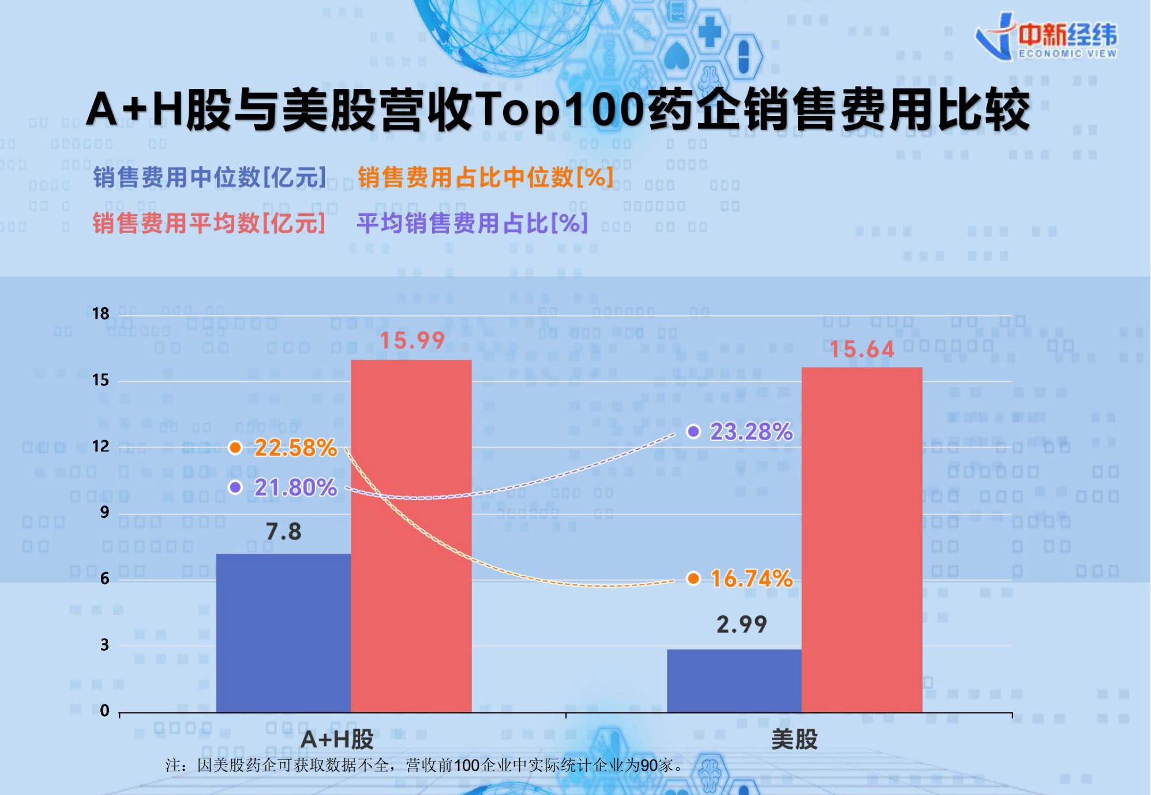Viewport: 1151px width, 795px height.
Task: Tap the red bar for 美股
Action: [861, 539]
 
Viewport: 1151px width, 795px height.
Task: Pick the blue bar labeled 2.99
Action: [734, 681]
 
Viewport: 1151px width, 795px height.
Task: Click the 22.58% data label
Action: [295, 448]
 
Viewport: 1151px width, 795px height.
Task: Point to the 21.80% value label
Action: [295, 488]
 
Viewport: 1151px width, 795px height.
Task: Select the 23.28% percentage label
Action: [751, 432]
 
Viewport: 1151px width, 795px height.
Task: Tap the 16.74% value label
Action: [751, 578]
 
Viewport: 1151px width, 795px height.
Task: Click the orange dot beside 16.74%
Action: [693, 578]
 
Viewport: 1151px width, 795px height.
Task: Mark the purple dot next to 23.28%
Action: [693, 431]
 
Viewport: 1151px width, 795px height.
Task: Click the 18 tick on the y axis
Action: [100, 313]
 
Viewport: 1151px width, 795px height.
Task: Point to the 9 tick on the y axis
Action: [104, 512]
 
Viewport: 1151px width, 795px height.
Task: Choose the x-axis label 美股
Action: [794, 740]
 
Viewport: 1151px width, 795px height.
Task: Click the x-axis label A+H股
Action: [338, 740]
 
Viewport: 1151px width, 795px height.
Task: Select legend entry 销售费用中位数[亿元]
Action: [210, 177]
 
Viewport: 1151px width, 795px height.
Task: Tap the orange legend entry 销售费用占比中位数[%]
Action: [485, 177]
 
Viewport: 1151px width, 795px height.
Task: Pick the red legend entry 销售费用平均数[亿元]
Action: [209, 223]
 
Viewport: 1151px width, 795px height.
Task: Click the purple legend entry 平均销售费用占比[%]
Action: [473, 223]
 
